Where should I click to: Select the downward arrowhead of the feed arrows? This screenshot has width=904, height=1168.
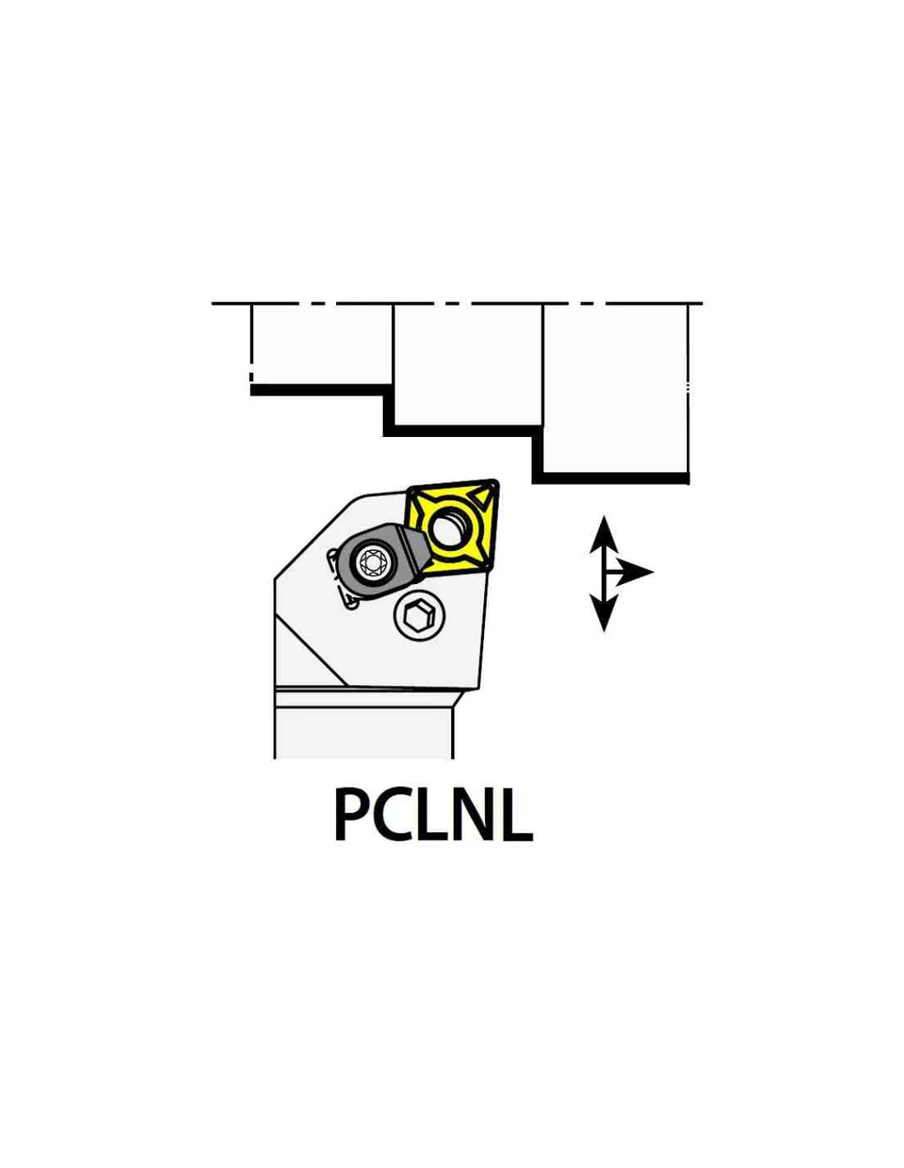point(604,612)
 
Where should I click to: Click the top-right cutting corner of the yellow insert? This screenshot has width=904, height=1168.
point(496,483)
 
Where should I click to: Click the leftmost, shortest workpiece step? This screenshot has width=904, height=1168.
point(321,345)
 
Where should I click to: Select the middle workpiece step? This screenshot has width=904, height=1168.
point(468,366)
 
